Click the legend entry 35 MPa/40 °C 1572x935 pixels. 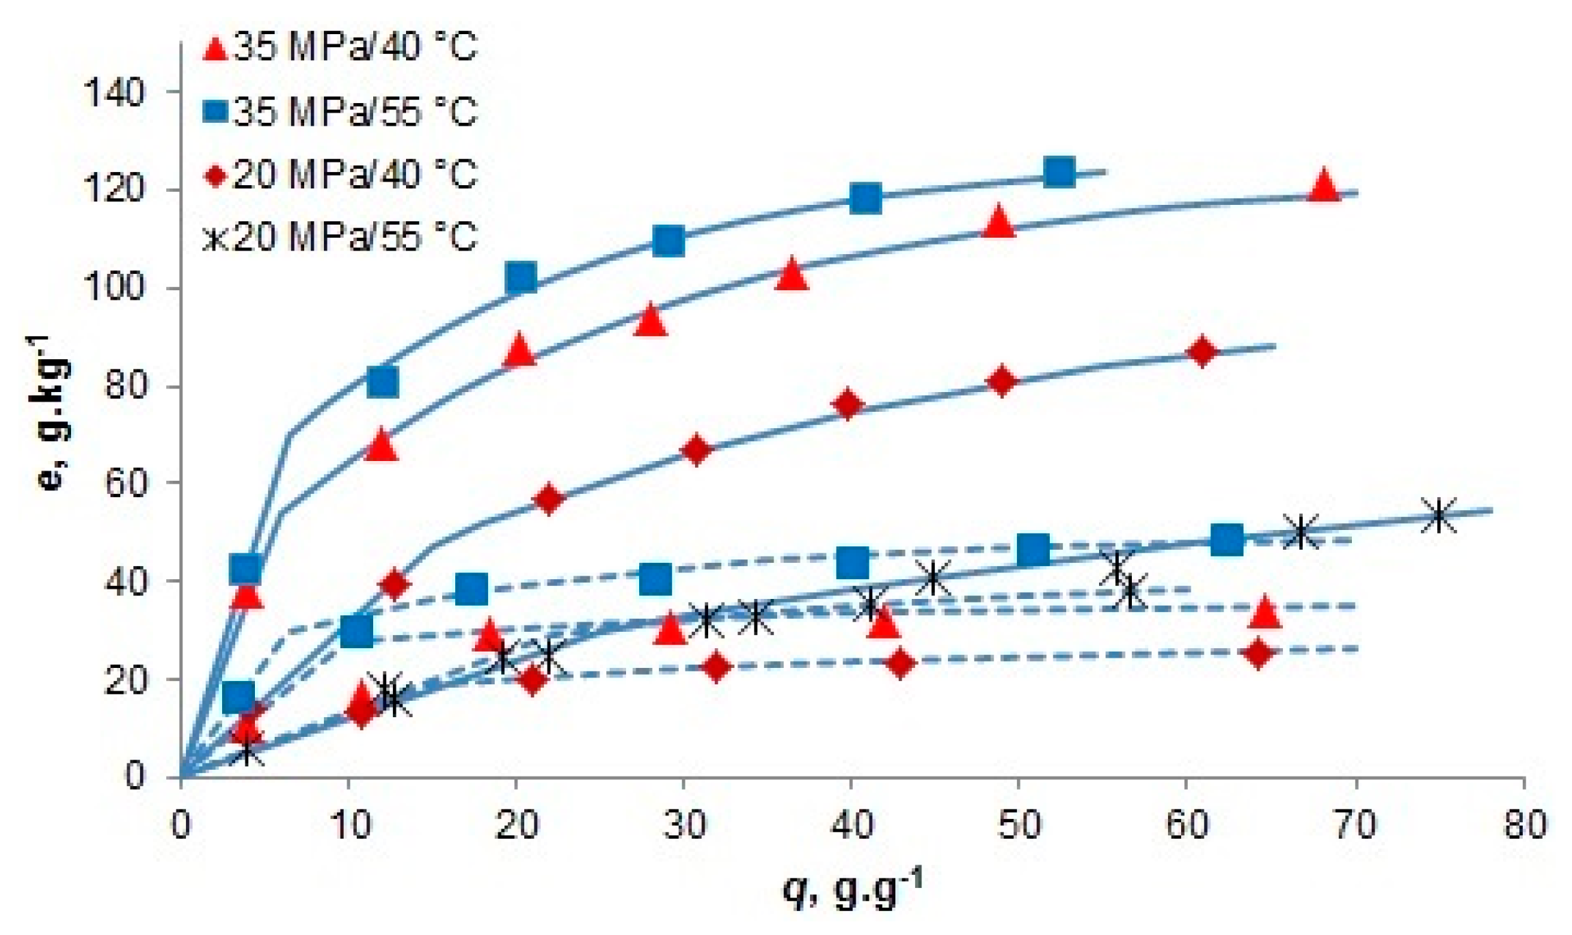click(x=340, y=48)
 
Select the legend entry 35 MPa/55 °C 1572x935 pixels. click(x=340, y=111)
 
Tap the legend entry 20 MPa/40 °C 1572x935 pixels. click(x=340, y=174)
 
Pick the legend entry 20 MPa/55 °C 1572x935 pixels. click(x=340, y=237)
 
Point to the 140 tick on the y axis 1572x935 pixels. click(x=114, y=92)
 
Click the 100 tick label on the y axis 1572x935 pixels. click(x=114, y=288)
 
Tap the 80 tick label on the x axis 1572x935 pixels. click(x=1524, y=825)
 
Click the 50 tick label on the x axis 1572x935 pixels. click(x=1019, y=825)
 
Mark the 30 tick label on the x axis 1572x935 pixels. click(x=684, y=825)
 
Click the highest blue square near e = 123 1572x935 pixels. click(x=1059, y=172)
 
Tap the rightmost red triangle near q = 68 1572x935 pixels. click(x=1325, y=186)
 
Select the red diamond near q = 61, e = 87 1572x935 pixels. click(x=1203, y=352)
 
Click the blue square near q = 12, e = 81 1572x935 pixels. click(x=383, y=382)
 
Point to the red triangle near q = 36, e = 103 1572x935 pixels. click(x=791, y=275)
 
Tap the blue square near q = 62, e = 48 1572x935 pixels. click(x=1227, y=540)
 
